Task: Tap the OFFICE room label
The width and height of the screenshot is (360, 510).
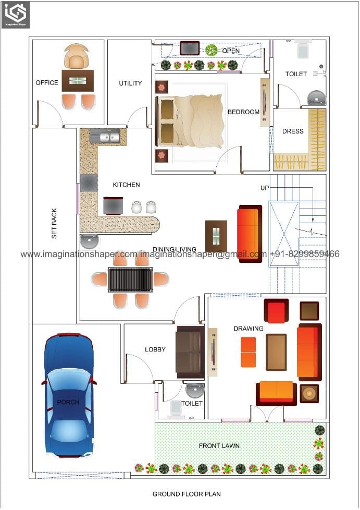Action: click(x=47, y=83)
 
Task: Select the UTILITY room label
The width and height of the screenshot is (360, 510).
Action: click(x=130, y=83)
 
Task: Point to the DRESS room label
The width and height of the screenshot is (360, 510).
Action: click(x=293, y=131)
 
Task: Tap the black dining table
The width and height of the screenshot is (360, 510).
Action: click(x=130, y=280)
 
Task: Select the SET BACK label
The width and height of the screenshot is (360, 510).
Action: click(x=54, y=224)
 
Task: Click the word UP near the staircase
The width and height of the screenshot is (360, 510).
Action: click(x=265, y=188)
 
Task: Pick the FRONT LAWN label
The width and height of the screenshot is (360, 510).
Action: click(x=219, y=446)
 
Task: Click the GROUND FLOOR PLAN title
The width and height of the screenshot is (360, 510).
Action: click(x=187, y=494)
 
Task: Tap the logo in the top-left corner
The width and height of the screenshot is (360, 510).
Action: click(x=15, y=15)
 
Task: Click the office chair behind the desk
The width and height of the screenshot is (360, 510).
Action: click(x=76, y=56)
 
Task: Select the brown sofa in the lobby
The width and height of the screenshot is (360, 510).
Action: click(x=190, y=352)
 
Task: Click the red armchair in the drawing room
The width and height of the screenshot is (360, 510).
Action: click(x=276, y=311)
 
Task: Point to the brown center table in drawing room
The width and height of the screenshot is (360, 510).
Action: click(x=276, y=352)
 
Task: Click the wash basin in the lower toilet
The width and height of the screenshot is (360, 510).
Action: click(x=195, y=391)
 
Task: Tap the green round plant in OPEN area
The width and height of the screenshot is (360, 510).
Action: click(x=211, y=50)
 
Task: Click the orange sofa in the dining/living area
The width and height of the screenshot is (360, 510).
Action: click(x=249, y=233)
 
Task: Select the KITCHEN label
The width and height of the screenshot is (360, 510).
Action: click(x=126, y=185)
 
